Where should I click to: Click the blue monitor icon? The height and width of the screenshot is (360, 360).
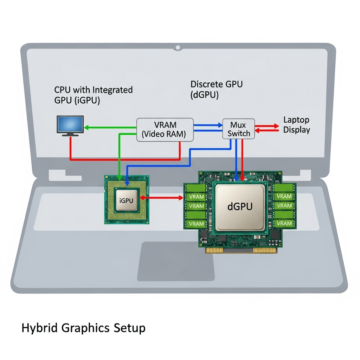point(70,126)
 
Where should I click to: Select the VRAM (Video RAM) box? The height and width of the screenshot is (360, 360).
point(165,130)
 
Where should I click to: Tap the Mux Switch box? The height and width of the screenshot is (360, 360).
point(238,129)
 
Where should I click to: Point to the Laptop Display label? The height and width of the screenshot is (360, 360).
point(296,125)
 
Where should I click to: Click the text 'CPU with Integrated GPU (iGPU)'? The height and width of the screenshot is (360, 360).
point(93,95)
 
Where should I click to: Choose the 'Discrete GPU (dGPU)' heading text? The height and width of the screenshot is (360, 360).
point(216,89)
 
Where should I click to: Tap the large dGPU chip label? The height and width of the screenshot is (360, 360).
point(240,206)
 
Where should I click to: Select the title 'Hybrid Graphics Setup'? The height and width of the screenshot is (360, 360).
point(83,328)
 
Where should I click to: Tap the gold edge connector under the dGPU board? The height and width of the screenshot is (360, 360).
point(243,250)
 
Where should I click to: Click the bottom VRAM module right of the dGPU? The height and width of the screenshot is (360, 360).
point(284,223)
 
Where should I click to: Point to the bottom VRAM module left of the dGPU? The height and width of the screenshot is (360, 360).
point(196,224)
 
